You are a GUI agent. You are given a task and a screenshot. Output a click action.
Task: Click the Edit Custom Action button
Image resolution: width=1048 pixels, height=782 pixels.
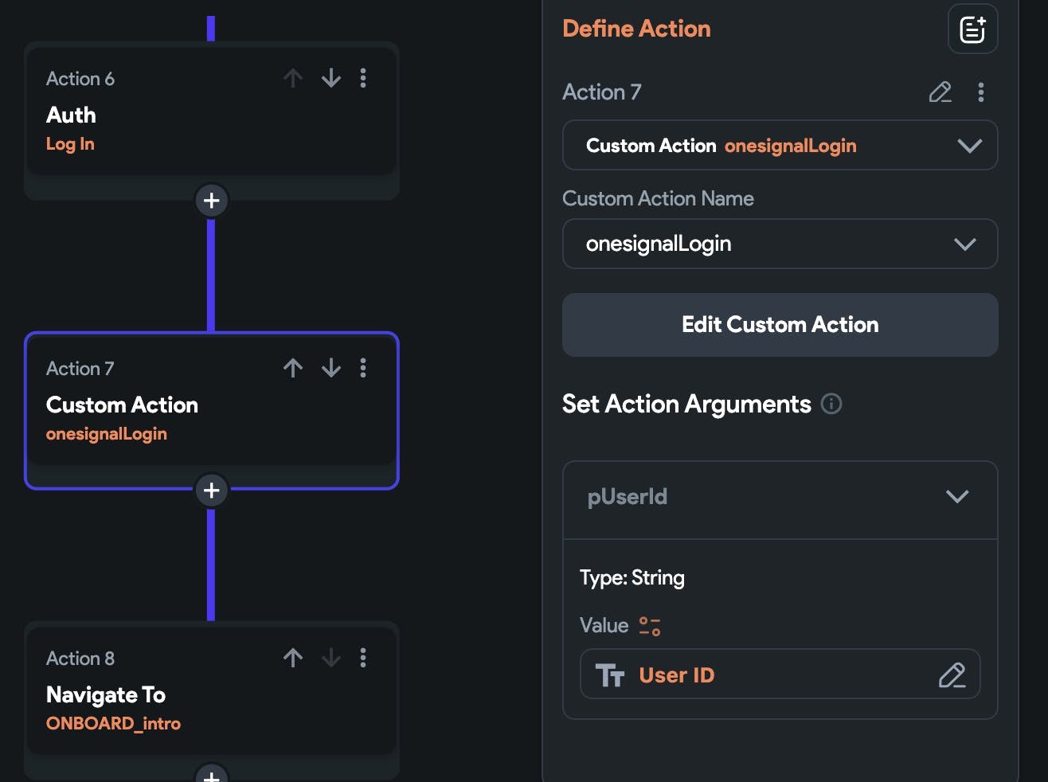pos(780,325)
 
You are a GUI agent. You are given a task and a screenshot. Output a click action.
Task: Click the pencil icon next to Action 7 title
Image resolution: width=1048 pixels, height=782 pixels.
pos(940,92)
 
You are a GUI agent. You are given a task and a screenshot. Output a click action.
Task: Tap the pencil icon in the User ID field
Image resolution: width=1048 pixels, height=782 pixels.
pos(952,675)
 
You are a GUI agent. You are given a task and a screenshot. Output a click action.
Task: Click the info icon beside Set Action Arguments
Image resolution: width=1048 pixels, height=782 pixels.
pos(831,404)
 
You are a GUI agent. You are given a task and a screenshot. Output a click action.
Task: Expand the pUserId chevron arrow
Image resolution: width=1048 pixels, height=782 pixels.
pos(957,497)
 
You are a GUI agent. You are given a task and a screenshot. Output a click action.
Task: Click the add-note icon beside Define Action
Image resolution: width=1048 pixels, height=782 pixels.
pos(972,29)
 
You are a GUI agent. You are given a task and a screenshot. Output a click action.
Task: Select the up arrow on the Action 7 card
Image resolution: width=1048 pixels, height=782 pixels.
pos(293,368)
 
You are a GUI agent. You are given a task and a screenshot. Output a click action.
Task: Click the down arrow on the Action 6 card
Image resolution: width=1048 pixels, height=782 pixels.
pos(331,78)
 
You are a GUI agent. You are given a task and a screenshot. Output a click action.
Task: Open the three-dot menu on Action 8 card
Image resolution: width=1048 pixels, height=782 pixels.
pos(363,658)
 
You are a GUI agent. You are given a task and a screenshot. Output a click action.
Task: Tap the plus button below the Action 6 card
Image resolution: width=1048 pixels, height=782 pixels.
pos(212,201)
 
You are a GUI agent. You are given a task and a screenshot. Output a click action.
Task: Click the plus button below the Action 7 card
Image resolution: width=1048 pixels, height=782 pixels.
pos(212,491)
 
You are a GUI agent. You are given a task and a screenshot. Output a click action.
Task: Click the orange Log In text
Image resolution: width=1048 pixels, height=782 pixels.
pos(70,144)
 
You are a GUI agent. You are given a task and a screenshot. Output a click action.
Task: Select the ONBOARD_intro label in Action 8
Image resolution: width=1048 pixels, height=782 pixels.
pos(113,724)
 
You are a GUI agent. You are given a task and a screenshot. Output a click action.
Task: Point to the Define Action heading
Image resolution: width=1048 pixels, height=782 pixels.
pos(636,29)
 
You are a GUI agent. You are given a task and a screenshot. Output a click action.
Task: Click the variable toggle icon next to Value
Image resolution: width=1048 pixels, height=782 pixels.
pos(650,626)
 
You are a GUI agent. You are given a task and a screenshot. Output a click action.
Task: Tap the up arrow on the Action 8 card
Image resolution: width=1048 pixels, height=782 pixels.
pos(293,658)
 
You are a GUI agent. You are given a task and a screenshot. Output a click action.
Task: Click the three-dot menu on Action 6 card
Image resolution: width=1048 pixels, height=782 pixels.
pos(363,78)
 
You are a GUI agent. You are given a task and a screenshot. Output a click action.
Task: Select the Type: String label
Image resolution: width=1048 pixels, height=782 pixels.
pos(632,577)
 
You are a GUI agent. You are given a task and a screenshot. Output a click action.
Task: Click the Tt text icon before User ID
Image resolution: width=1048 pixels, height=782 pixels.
pos(610,675)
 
